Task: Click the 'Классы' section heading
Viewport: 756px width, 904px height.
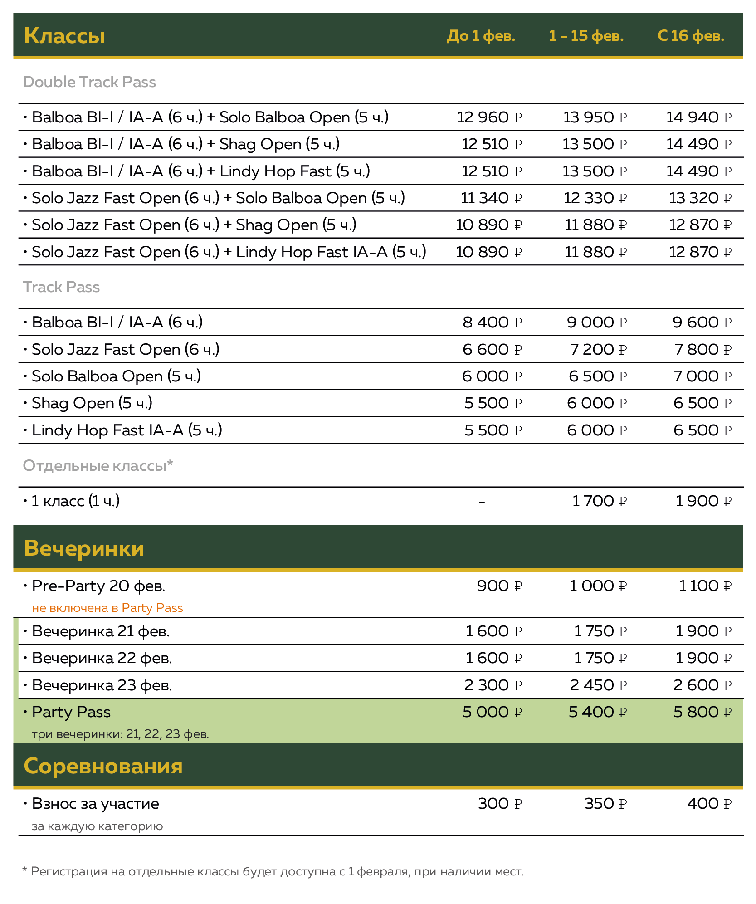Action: pyautogui.click(x=64, y=36)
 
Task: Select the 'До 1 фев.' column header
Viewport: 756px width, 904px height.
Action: pyautogui.click(x=481, y=36)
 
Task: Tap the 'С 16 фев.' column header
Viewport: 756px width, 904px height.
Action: pyautogui.click(x=690, y=36)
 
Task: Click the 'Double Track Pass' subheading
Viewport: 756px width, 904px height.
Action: pyautogui.click(x=89, y=82)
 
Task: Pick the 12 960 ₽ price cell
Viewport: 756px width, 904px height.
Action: pyautogui.click(x=489, y=117)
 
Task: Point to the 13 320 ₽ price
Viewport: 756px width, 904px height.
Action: pyautogui.click(x=700, y=198)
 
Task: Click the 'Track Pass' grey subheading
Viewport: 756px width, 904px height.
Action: pyautogui.click(x=61, y=287)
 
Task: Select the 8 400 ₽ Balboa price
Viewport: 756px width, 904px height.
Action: pyautogui.click(x=492, y=323)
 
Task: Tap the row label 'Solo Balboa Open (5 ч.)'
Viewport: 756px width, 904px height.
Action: pyautogui.click(x=116, y=376)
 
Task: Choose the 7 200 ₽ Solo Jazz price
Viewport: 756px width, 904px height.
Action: pyautogui.click(x=598, y=350)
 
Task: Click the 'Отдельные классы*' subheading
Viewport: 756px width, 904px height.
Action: pyautogui.click(x=98, y=466)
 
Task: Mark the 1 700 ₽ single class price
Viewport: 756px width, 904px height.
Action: pyautogui.click(x=599, y=501)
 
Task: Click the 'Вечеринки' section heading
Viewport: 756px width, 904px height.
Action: pyautogui.click(x=84, y=548)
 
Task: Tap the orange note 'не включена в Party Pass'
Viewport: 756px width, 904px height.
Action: pyautogui.click(x=107, y=608)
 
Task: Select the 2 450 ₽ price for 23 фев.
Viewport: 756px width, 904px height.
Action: pyautogui.click(x=598, y=685)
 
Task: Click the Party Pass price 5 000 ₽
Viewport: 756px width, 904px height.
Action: pyautogui.click(x=492, y=712)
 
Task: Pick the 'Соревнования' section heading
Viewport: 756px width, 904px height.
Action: pyautogui.click(x=103, y=766)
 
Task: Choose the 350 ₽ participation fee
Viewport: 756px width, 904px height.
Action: pyautogui.click(x=605, y=804)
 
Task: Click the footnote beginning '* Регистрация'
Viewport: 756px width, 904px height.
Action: pyautogui.click(x=273, y=871)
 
